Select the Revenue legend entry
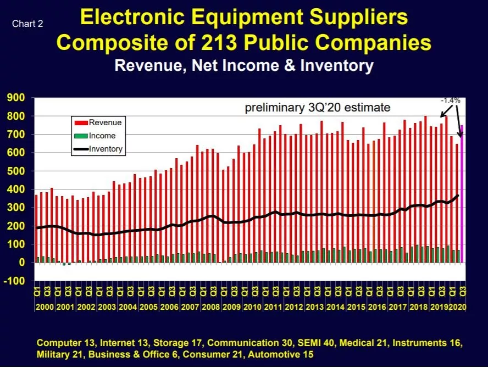pyautogui.click(x=98, y=122)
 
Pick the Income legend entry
pyautogui.click(x=95, y=136)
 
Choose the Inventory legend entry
pyautogui.click(x=98, y=149)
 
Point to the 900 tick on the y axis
pyautogui.click(x=16, y=98)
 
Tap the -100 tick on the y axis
pyautogui.click(x=14, y=281)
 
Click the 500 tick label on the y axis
pyautogui.click(x=16, y=171)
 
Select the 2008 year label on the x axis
pyautogui.click(x=210, y=306)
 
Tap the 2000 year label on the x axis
pyautogui.click(x=45, y=306)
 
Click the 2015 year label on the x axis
pyautogui.click(x=356, y=306)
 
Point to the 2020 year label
pyautogui.click(x=458, y=306)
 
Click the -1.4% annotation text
pyautogui.click(x=450, y=100)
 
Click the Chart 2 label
pyautogui.click(x=27, y=24)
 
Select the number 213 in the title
pyautogui.click(x=219, y=42)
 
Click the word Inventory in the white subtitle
pyautogui.click(x=337, y=66)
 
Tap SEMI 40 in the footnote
pyautogui.click(x=316, y=343)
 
